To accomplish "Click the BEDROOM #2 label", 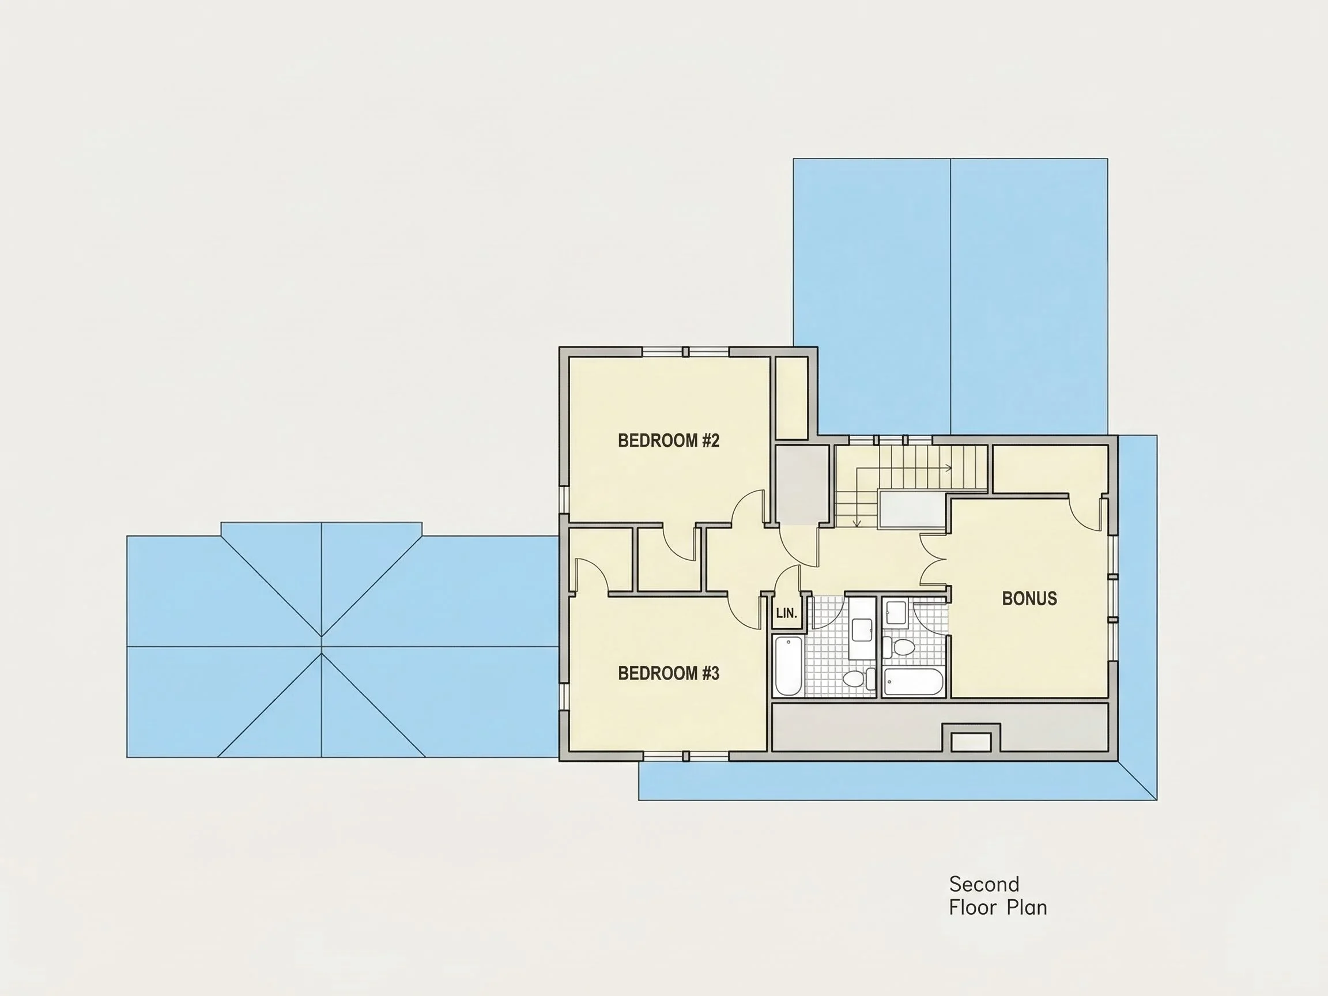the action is [668, 441].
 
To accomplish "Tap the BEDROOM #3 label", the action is [668, 674].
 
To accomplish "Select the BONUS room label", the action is [1029, 598].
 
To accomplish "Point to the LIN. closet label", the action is [786, 613].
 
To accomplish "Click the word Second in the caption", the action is [984, 884].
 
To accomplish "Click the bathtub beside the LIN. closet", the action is [788, 666].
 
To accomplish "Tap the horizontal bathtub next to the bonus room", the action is [913, 682].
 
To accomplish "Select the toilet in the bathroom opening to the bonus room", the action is [900, 648].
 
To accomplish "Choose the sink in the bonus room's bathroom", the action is [896, 613].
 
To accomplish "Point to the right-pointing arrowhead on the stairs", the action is [948, 467].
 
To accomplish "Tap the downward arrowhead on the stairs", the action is [857, 523].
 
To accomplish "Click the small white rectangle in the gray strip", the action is [971, 742].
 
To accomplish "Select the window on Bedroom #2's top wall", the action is [685, 352].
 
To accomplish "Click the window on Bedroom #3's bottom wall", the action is [685, 756].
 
